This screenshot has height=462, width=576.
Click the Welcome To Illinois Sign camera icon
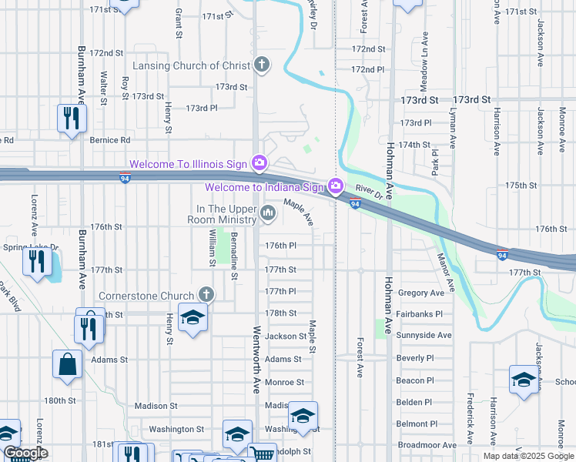[260, 163]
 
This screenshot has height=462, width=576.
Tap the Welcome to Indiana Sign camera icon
[335, 186]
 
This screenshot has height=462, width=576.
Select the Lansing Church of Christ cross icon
[262, 64]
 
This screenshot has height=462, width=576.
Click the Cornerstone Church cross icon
[206, 294]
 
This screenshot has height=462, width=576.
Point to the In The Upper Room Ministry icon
[268, 213]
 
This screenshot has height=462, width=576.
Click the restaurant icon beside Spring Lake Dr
[35, 261]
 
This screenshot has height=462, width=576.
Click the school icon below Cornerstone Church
[192, 317]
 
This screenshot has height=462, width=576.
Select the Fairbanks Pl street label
[420, 314]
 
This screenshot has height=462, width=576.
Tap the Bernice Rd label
[110, 140]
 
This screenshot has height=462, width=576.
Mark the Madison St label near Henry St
[156, 406]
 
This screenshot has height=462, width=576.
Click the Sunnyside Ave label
[424, 336]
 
